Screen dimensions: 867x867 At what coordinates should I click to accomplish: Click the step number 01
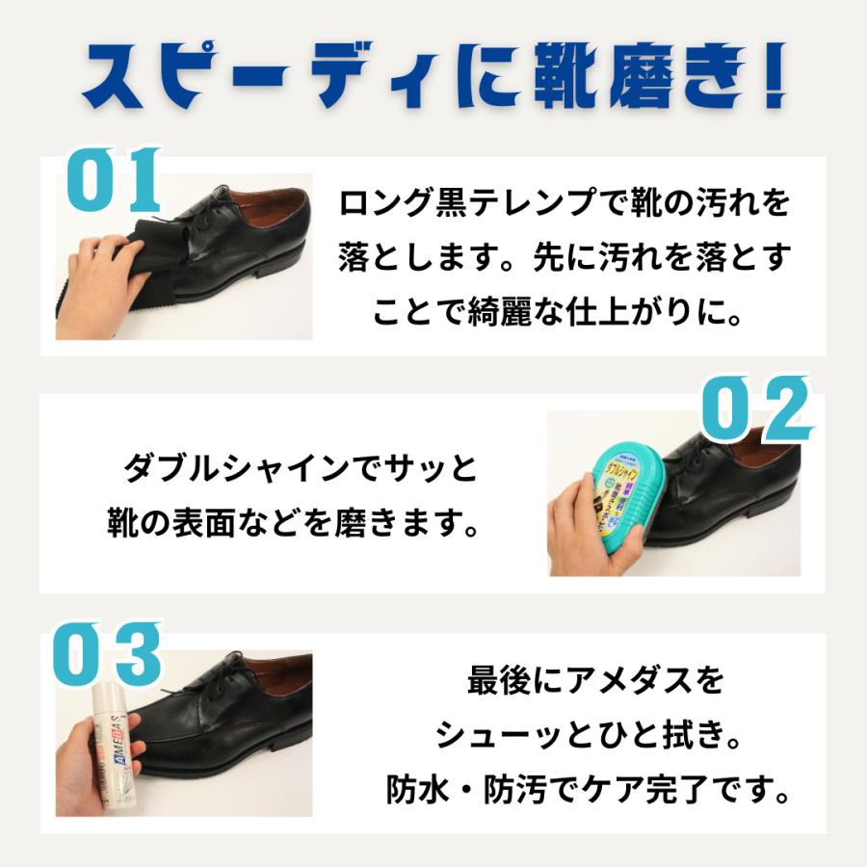pos(114,180)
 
